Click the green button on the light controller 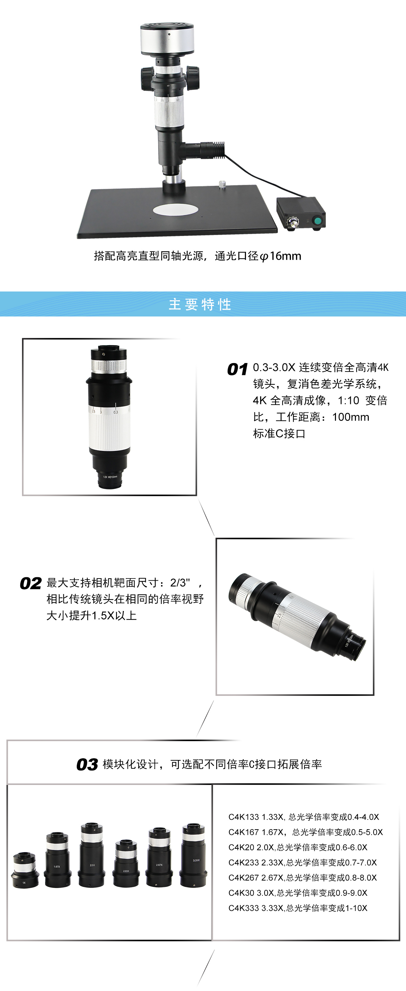click(x=318, y=221)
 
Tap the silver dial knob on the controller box click(x=293, y=223)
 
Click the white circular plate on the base click(x=176, y=210)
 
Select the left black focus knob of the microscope click(x=147, y=78)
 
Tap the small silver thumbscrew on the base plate click(x=222, y=184)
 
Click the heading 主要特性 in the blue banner click(x=200, y=304)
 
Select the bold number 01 click(x=237, y=369)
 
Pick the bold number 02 click(x=31, y=584)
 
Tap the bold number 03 click(x=87, y=764)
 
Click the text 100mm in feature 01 click(x=351, y=417)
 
